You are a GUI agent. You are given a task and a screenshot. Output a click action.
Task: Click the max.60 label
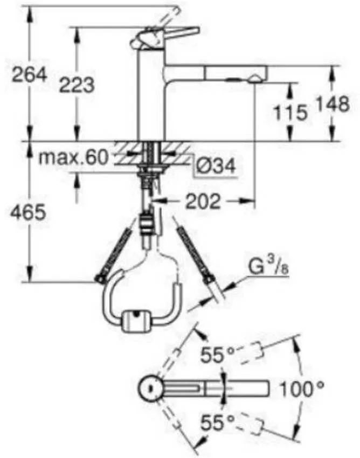tap(73, 157)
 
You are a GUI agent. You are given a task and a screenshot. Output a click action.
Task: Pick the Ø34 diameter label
tap(215, 166)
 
